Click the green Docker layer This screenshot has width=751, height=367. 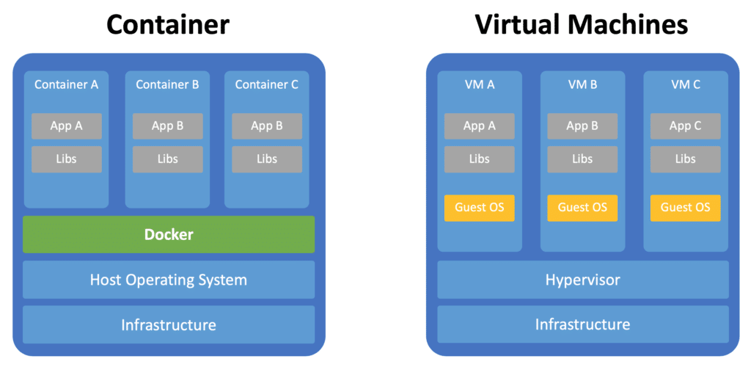tap(169, 235)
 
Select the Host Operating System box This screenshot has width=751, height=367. tap(169, 280)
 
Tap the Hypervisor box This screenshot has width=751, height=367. tap(582, 280)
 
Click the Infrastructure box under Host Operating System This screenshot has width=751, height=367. tap(169, 324)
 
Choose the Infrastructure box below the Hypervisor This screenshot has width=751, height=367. tap(582, 324)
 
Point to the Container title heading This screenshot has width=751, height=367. tap(168, 25)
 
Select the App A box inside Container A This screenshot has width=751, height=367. tap(67, 126)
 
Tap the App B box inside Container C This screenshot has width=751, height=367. tap(267, 126)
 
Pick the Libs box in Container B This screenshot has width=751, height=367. tap(167, 159)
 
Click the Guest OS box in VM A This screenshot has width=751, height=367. tap(480, 208)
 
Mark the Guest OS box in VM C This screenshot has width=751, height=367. tap(685, 208)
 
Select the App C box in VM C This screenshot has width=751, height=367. tap(685, 126)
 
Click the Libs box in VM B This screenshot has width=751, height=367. tap(582, 159)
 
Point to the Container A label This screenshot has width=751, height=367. tap(67, 84)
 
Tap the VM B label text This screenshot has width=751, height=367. tap(582, 84)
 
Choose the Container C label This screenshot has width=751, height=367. tap(267, 84)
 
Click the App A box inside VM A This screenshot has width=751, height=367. tap(480, 126)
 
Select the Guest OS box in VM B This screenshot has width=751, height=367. tap(582, 208)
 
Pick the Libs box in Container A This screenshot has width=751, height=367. tap(67, 159)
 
